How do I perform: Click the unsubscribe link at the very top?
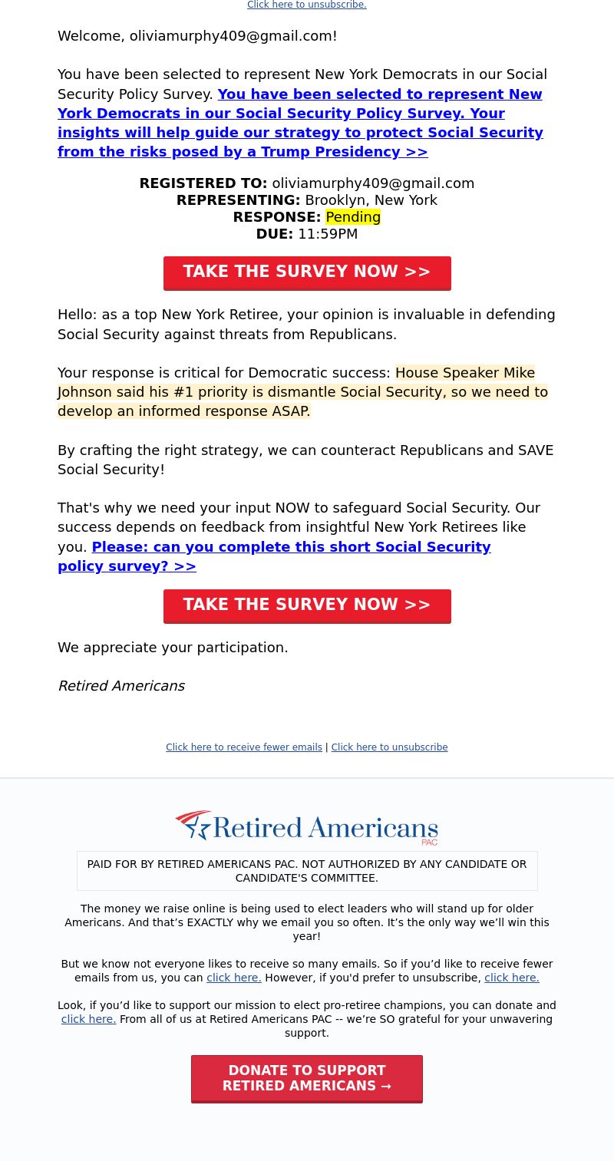point(306,5)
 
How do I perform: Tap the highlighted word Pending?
point(353,217)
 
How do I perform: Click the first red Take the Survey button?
point(307,272)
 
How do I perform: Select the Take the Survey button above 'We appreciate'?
point(307,605)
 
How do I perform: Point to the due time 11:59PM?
point(328,234)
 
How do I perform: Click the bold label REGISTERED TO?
point(203,183)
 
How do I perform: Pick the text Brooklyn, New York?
point(371,200)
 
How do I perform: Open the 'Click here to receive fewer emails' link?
point(244,747)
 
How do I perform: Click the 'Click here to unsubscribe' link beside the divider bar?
point(389,747)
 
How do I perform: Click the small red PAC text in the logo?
point(430,843)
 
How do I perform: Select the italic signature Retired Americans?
point(121,686)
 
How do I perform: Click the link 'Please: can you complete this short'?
point(291,547)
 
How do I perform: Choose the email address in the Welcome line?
point(233,36)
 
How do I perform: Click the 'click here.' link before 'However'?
point(234,978)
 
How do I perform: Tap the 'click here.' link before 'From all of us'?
point(88,1019)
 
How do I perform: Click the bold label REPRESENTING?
point(239,200)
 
